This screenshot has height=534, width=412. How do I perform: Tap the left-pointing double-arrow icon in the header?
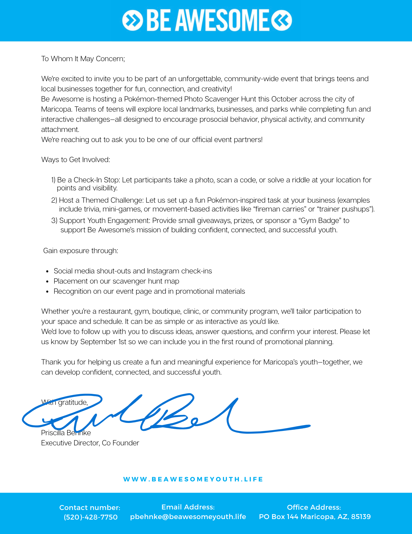tap(282, 20)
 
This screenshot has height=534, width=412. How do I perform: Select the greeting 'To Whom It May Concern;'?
tap(83, 59)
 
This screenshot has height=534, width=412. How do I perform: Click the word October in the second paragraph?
tap(284, 99)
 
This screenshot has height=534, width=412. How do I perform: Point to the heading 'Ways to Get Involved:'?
tap(76, 160)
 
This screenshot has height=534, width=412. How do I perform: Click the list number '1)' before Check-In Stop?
tap(53, 180)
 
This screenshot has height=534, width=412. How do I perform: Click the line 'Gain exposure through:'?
tap(81, 251)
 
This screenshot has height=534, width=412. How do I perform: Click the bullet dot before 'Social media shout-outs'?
tap(47, 272)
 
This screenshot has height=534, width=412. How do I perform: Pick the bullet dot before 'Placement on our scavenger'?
tap(47, 282)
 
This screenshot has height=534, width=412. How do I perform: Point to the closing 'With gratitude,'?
tap(65, 402)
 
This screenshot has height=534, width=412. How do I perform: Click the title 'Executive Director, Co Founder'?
tap(90, 443)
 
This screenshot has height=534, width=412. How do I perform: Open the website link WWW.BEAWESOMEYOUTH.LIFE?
tap(193, 479)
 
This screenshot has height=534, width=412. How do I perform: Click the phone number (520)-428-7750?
tap(91, 517)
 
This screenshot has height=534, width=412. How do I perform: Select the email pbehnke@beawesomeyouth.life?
tap(188, 517)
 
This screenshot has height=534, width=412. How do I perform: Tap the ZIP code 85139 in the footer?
tap(361, 517)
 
